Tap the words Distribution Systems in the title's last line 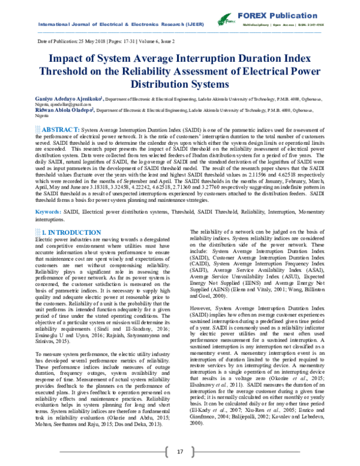pyautogui.click(x=179, y=84)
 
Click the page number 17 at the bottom pyautogui.click(x=179, y=452)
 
